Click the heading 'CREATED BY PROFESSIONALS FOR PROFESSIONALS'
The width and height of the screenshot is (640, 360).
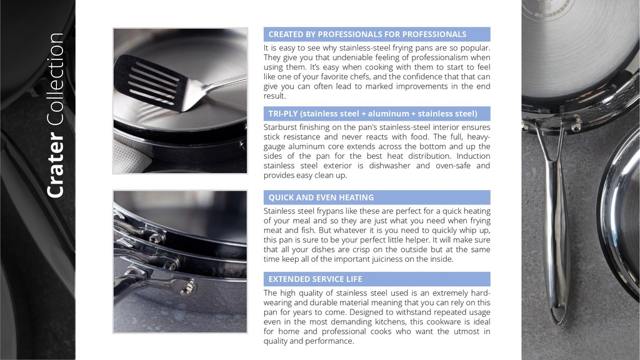coord(367,34)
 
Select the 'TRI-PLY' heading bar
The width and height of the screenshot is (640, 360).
coord(377,114)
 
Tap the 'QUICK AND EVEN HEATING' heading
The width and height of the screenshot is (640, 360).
coord(321,197)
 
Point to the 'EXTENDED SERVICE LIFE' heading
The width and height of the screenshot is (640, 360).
coord(315,279)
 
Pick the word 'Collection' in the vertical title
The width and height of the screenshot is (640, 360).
coord(56,79)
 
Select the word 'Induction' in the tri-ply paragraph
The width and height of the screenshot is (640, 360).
coord(474,156)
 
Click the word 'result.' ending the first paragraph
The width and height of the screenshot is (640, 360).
coord(275,96)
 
